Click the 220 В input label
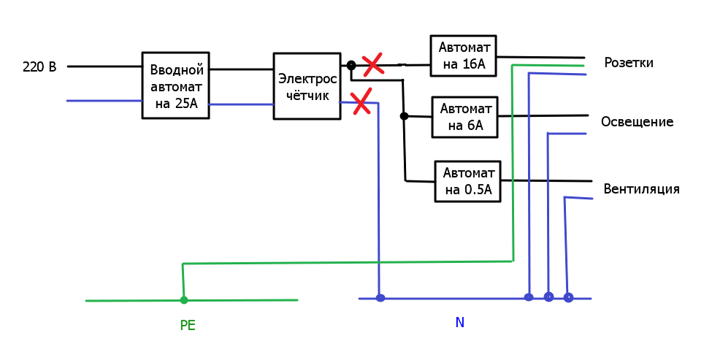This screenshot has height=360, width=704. click(x=39, y=67)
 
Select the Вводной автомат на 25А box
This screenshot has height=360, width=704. click(x=175, y=85)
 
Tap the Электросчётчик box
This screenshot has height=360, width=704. click(x=307, y=86)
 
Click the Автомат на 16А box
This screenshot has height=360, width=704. click(x=463, y=55)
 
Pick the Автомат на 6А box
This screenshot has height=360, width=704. click(x=465, y=117)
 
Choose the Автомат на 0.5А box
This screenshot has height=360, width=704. click(x=468, y=181)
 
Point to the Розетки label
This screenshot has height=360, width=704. click(x=629, y=62)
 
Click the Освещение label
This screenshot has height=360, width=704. click(x=637, y=122)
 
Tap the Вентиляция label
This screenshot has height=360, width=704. click(x=641, y=189)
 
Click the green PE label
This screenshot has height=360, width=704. click(x=188, y=326)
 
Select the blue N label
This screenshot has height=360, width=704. click(x=460, y=322)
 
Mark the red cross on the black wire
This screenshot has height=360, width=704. click(x=373, y=64)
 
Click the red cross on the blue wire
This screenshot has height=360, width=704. click(x=361, y=101)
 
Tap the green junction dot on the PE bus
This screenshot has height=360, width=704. click(x=183, y=300)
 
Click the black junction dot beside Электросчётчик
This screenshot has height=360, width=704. click(x=351, y=66)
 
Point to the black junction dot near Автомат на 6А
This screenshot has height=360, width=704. click(x=404, y=116)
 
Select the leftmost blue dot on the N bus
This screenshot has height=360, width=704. click(x=380, y=298)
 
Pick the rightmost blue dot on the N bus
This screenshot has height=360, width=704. click(x=568, y=298)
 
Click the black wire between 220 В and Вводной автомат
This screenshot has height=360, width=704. click(x=104, y=66)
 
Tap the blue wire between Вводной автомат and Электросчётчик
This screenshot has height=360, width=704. click(x=241, y=104)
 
